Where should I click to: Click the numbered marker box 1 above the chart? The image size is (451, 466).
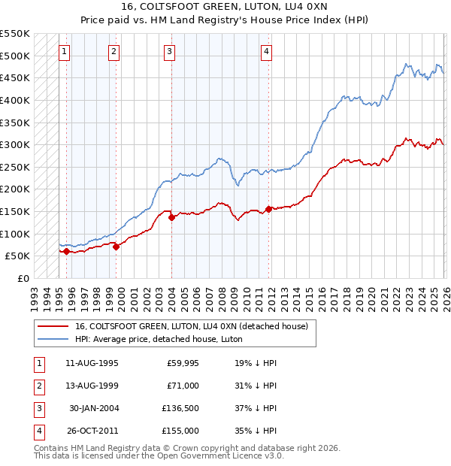(x=65, y=52)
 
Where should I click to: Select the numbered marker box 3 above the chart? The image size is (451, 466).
(x=170, y=52)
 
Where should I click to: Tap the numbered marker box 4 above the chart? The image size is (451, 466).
(x=266, y=52)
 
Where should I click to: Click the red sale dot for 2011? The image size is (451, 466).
(x=268, y=209)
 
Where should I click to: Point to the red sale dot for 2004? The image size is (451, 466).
(x=171, y=217)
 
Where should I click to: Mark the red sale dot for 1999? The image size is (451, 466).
(x=117, y=247)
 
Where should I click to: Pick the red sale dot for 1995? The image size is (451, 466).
(x=66, y=252)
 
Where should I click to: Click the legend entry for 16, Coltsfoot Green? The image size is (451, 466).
(x=191, y=326)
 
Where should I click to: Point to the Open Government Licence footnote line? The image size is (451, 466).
(x=159, y=456)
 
